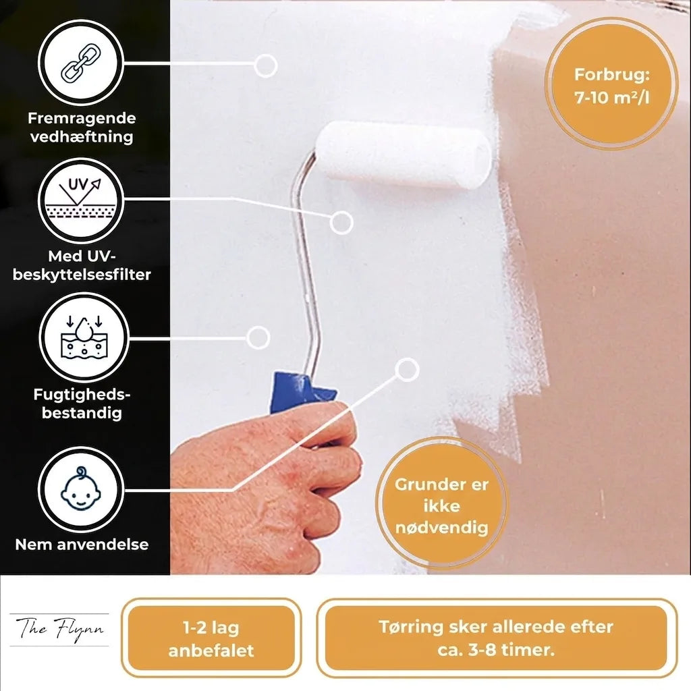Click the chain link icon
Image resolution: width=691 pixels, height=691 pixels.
tap(81, 63)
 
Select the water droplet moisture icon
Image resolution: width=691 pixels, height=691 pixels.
tap(83, 338)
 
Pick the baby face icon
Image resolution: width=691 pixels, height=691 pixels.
tap(80, 489)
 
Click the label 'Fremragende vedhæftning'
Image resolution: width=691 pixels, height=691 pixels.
tap(82, 128)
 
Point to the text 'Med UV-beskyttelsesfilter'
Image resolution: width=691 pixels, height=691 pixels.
tap(82, 265)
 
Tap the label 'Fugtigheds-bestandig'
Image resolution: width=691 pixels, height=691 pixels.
tap(82, 404)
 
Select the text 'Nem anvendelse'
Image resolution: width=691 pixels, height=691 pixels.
tap(82, 545)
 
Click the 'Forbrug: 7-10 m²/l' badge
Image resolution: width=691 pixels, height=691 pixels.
tap(611, 84)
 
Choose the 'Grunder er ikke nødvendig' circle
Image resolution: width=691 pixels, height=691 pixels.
tap(441, 503)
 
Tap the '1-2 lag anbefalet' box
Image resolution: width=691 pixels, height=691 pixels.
tap(211, 638)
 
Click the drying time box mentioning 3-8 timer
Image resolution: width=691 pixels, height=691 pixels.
tap(496, 638)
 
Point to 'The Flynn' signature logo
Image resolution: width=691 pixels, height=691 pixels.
tap(59, 630)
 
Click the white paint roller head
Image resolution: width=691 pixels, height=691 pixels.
tap(403, 156)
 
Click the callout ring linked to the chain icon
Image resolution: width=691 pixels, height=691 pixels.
tap(265, 65)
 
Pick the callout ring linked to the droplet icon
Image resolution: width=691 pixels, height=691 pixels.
tap(258, 337)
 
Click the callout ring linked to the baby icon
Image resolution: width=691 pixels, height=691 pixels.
tap(407, 369)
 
